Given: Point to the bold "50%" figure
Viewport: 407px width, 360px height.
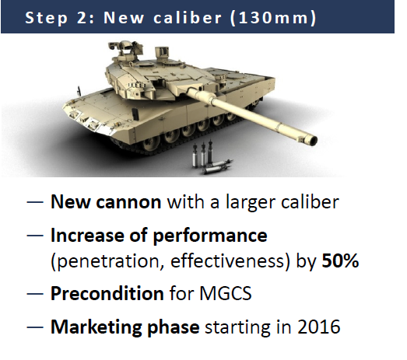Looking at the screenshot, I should tap(339, 261).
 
